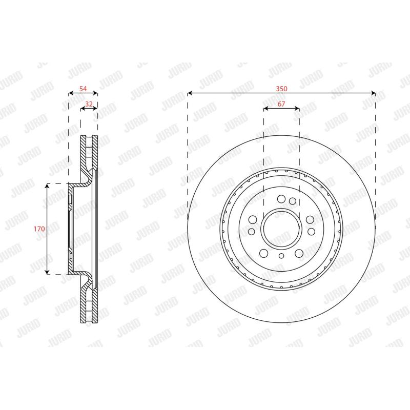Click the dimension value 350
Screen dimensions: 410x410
pyautogui.click(x=281, y=89)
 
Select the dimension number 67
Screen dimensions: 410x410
pyautogui.click(x=281, y=104)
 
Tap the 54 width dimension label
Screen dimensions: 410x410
pyautogui.click(x=83, y=89)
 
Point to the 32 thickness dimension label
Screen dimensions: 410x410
pyautogui.click(x=89, y=104)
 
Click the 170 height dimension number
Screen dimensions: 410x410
pyautogui.click(x=39, y=229)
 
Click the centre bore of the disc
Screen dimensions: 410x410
pyautogui.click(x=281, y=229)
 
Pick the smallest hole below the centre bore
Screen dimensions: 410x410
pyautogui.click(x=281, y=256)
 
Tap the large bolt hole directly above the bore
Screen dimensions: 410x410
pyautogui.click(x=281, y=199)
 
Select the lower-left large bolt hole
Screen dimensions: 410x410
pyautogui.click(x=263, y=253)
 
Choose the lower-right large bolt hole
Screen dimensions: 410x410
pyautogui.click(x=299, y=253)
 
